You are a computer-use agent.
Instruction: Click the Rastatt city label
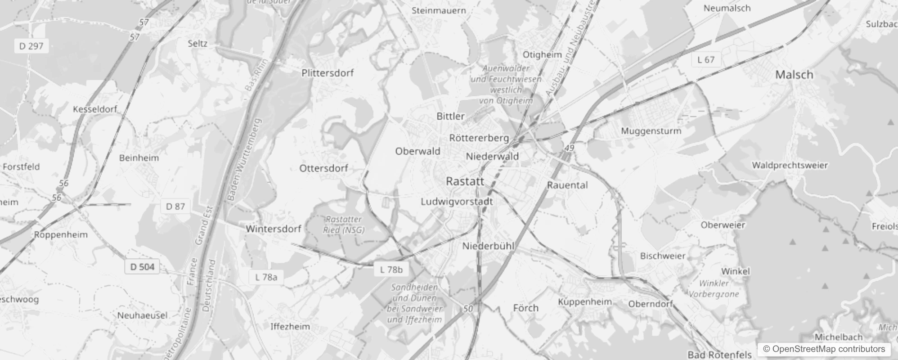pos(465,181)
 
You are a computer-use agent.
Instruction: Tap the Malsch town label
pos(794,75)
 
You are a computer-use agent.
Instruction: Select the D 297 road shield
pos(31,46)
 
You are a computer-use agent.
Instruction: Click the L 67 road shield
pos(706,59)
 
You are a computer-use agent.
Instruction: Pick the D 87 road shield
pos(175,207)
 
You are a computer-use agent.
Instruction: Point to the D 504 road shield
pos(142,267)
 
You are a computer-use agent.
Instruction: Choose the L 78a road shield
pos(266,277)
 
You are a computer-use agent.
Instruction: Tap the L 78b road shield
pos(391,270)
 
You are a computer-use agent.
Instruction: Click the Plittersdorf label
pos(328,73)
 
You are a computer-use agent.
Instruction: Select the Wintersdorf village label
pos(273,229)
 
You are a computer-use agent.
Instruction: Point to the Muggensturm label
pos(651,131)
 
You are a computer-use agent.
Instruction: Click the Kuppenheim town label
pos(585,302)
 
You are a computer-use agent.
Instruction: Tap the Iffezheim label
pos(290,327)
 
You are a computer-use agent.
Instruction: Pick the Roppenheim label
pos(61,235)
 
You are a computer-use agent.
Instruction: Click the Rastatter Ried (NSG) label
pos(344,225)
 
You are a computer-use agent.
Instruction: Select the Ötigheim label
pos(542,54)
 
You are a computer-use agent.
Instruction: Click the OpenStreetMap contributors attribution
pos(824,349)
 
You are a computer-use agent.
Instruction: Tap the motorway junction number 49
pos(570,148)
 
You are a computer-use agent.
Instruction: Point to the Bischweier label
pos(663,256)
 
